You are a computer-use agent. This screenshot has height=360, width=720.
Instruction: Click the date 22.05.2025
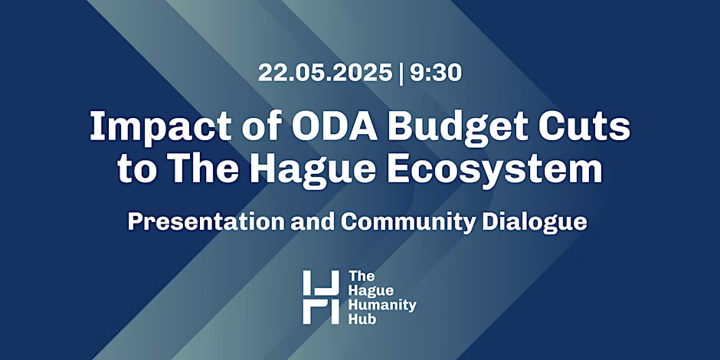tap(325, 73)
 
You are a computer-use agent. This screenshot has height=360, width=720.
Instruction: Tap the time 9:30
tap(436, 73)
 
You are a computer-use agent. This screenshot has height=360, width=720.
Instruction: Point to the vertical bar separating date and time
tap(401, 74)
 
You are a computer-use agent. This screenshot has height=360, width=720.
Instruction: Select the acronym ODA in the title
tap(334, 126)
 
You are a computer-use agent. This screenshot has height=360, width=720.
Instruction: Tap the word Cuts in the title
tap(584, 126)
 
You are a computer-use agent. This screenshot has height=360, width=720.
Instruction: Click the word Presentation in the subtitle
tap(206, 222)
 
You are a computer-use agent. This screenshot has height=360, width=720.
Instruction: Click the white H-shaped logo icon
tap(321, 297)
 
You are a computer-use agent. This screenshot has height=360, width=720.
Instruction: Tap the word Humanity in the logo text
tap(382, 305)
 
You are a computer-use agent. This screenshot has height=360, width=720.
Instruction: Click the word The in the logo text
tap(362, 277)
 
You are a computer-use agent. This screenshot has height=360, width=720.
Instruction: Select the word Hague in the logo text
tap(371, 291)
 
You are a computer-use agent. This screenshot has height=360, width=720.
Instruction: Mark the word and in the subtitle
tap(313, 222)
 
